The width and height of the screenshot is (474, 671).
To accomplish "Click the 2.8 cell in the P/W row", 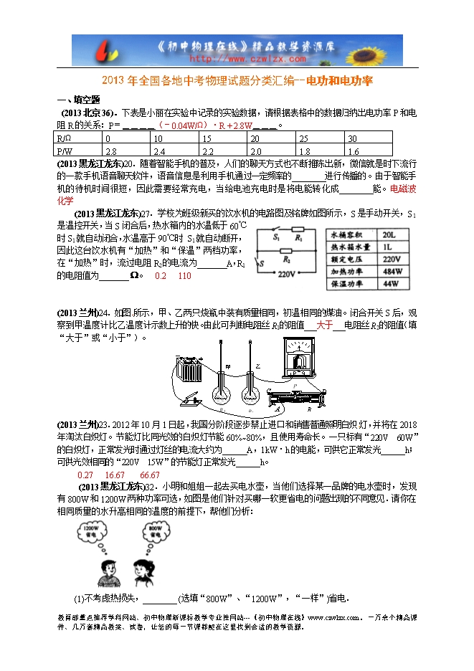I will pyautogui.click(x=111, y=152).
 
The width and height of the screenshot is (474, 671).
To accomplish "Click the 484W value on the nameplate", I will pyautogui.click(x=392, y=272).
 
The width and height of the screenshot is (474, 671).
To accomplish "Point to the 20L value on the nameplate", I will pyautogui.click(x=391, y=234).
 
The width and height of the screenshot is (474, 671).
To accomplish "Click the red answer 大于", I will pyautogui.click(x=325, y=325).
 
